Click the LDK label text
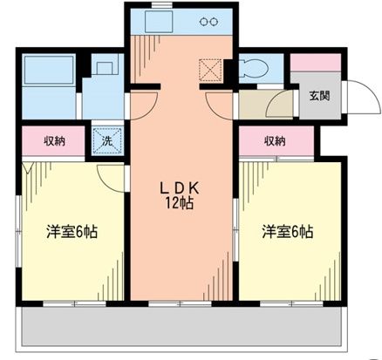click(180, 187)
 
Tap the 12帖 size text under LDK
click(181, 203)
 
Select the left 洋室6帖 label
click(71, 233)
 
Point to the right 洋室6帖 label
click(288, 233)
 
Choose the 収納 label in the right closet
click(275, 141)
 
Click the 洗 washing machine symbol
click(106, 140)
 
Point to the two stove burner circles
click(209, 22)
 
